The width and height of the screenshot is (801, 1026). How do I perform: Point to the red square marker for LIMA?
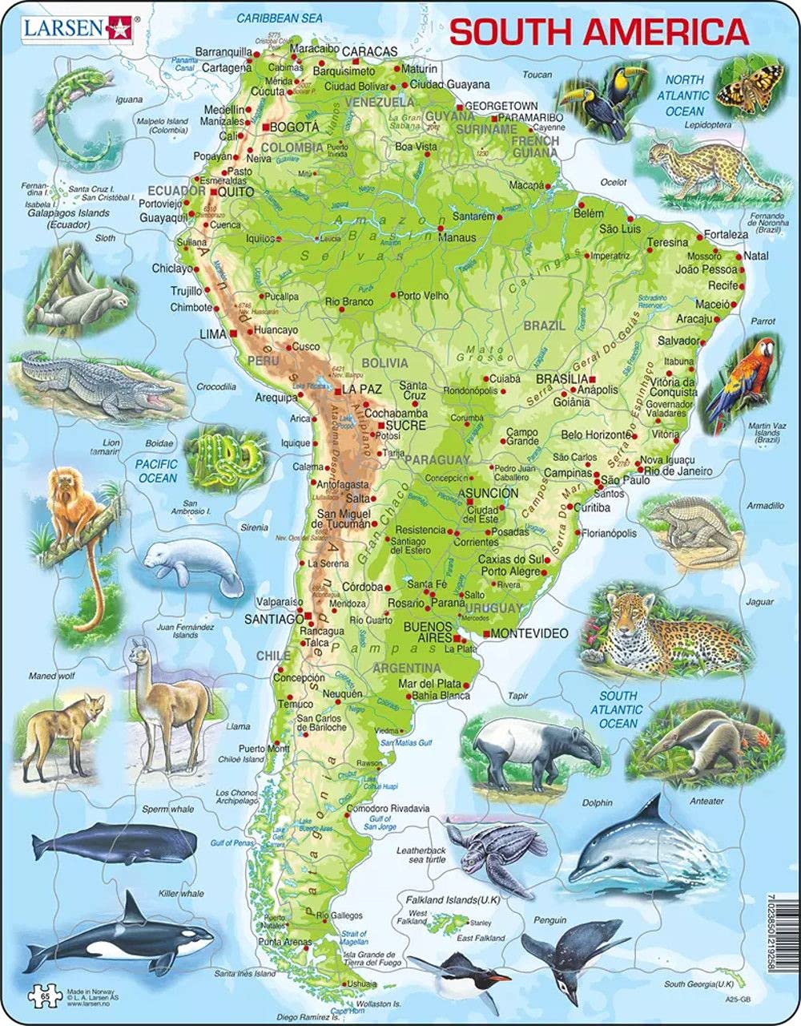click(x=231, y=332)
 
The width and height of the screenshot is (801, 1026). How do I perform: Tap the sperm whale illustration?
click(x=116, y=843)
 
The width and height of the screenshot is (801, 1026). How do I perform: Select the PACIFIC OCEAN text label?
click(x=157, y=471)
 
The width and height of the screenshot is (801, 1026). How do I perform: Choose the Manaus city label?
click(x=457, y=237)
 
